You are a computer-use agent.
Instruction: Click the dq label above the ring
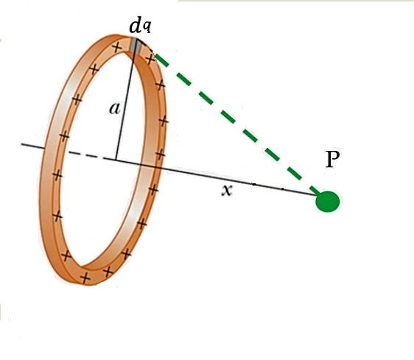[x=140, y=26]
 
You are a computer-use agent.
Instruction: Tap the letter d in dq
[x=136, y=26]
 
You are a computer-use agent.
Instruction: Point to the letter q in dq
[x=147, y=27]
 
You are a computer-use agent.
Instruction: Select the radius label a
[x=115, y=108]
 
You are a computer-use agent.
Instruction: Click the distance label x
[x=227, y=190]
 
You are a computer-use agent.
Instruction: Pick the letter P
[x=332, y=159]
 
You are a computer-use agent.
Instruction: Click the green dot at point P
[x=327, y=202]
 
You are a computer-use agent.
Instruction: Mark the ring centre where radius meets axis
[x=116, y=160]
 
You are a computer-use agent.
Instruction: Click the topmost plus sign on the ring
[x=117, y=48]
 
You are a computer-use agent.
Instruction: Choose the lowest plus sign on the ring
[x=85, y=278]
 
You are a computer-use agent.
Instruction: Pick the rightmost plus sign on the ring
[x=164, y=121]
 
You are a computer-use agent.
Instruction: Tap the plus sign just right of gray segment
[x=150, y=59]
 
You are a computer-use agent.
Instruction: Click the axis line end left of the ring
[x=21, y=144]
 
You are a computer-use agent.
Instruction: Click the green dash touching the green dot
[x=315, y=190]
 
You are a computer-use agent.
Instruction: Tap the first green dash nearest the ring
[x=161, y=60]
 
